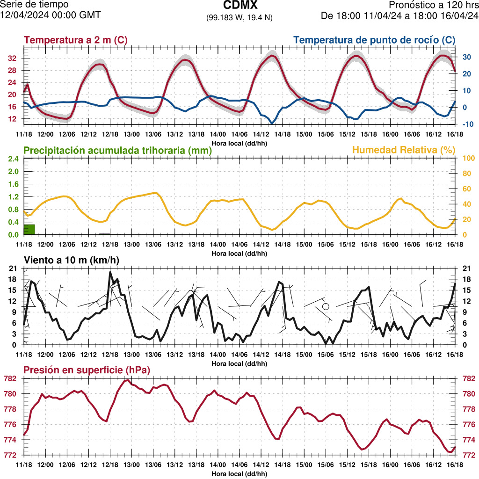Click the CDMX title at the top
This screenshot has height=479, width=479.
pyautogui.click(x=239, y=6)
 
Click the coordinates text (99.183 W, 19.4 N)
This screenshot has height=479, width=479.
pyautogui.click(x=239, y=17)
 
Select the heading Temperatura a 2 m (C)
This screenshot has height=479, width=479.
pyautogui.click(x=75, y=40)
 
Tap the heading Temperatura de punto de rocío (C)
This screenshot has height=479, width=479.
pyautogui.click(x=375, y=40)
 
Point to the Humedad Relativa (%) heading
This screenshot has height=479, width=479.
pyautogui.click(x=404, y=150)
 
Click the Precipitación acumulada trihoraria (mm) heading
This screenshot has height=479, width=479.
pyautogui.click(x=117, y=151)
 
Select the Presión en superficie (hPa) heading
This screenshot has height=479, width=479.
pyautogui.click(x=87, y=370)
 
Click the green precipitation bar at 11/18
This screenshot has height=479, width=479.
pyautogui.click(x=29, y=229)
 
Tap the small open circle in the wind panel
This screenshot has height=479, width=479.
pyautogui.click(x=326, y=306)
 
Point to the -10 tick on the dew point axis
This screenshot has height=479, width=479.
pyautogui.click(x=466, y=124)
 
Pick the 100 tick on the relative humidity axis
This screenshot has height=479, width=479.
pyautogui.click(x=468, y=158)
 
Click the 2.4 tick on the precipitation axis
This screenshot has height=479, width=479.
pyautogui.click(x=13, y=158)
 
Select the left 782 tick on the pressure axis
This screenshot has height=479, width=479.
pyautogui.click(x=10, y=378)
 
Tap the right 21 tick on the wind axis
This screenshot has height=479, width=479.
pyautogui.click(x=466, y=268)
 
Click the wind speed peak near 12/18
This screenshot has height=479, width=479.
pyautogui.click(x=110, y=272)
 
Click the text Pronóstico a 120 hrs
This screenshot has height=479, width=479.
pyautogui.click(x=434, y=5)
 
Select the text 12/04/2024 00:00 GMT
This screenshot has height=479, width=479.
pyautogui.click(x=51, y=15)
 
